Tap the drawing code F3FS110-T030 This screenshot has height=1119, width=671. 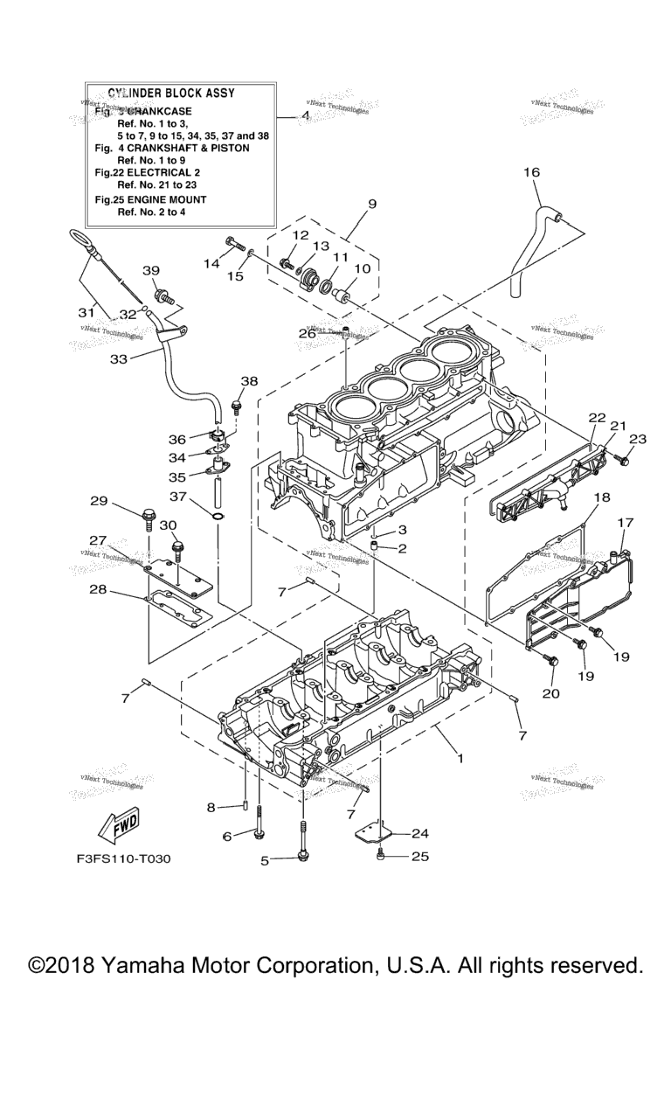click(x=123, y=858)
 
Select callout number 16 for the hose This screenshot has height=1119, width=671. click(x=532, y=172)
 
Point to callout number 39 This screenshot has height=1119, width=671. click(x=151, y=270)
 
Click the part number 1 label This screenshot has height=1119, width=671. click(x=460, y=758)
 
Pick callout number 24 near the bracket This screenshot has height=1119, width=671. click(x=420, y=832)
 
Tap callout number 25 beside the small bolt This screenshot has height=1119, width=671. click(x=420, y=857)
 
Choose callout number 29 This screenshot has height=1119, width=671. click(x=99, y=501)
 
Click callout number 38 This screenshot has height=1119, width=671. click(x=250, y=381)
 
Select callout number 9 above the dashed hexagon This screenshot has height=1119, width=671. click(x=372, y=204)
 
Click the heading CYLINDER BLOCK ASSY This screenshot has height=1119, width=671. click(x=171, y=93)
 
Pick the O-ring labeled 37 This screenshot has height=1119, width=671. click(x=217, y=528)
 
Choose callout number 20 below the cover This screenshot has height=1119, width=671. click(x=551, y=693)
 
